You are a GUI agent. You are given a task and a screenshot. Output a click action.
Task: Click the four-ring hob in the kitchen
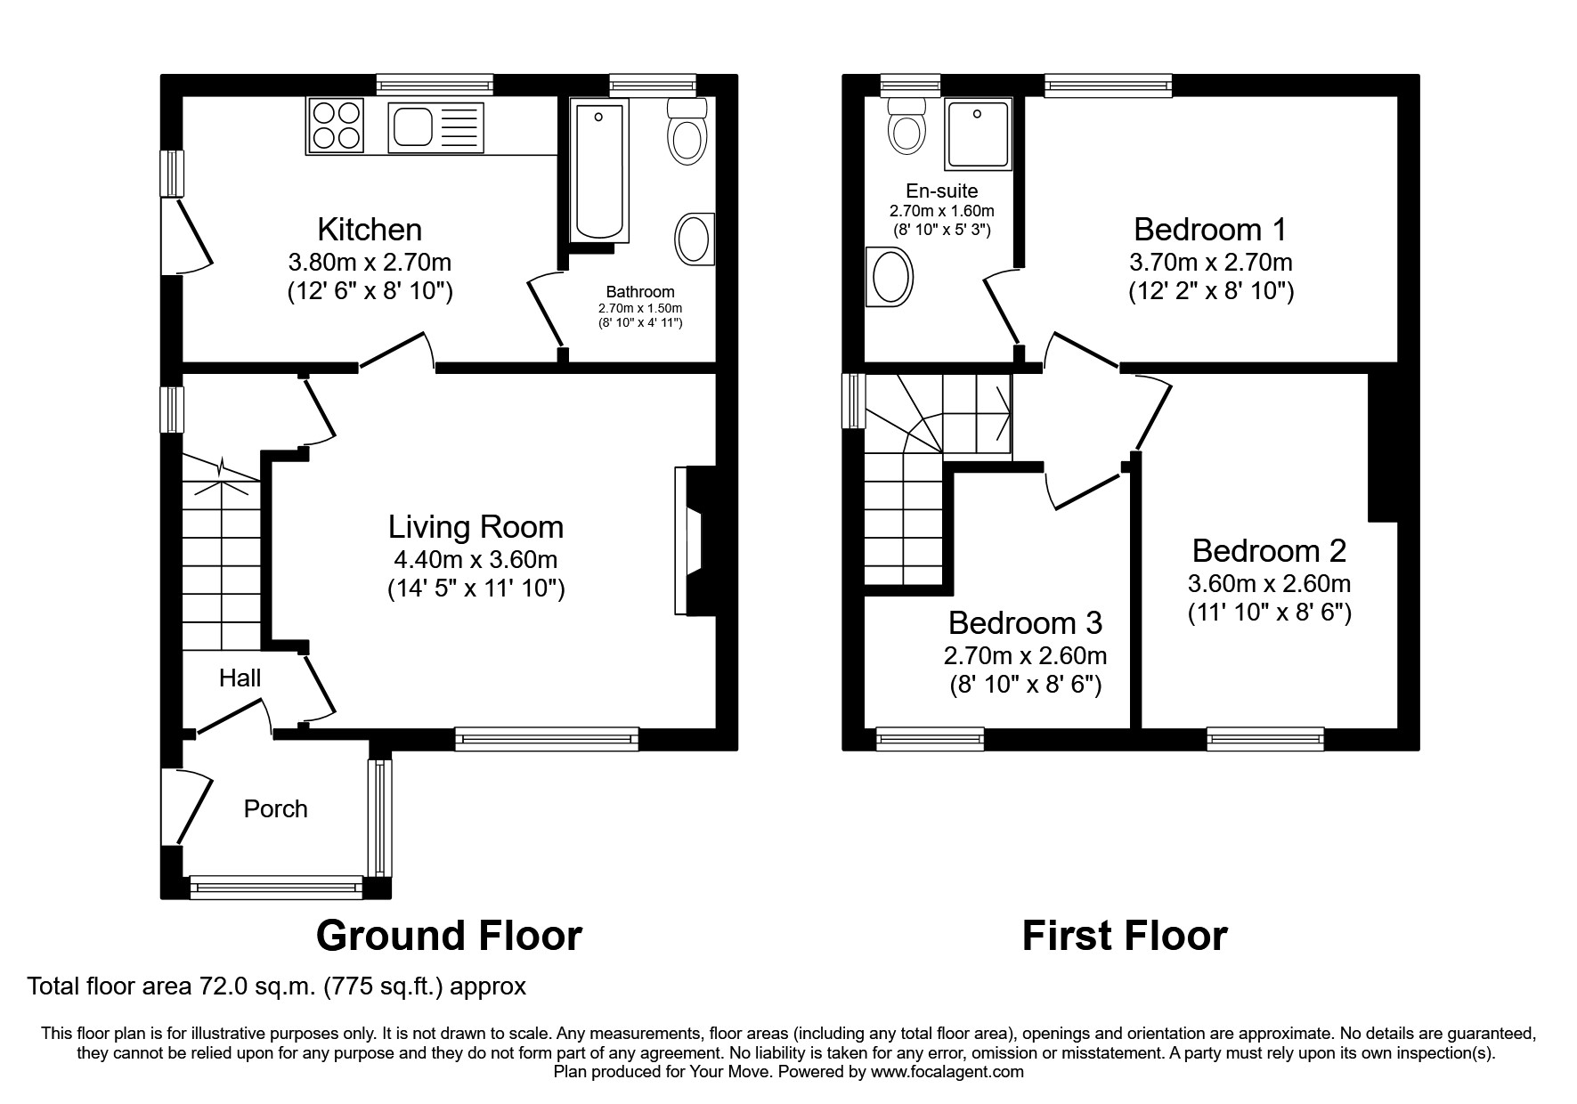pyautogui.click(x=337, y=125)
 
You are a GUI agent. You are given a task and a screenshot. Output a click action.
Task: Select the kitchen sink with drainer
pyautogui.click(x=435, y=126)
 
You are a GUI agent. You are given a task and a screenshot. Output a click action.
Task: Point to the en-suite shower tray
pyautogui.click(x=979, y=134)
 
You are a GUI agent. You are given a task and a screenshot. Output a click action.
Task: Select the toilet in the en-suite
pyautogui.click(x=907, y=125)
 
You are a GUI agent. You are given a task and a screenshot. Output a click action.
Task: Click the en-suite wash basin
pyautogui.click(x=890, y=278)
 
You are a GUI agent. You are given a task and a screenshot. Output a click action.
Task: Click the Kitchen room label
pyautogui.click(x=370, y=230)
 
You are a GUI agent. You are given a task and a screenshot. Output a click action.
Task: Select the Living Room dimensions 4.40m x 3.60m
pyautogui.click(x=476, y=560)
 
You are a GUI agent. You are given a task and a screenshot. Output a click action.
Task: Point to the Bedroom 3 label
pyautogui.click(x=1025, y=622)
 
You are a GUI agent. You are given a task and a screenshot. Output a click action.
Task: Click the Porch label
pyautogui.click(x=276, y=808)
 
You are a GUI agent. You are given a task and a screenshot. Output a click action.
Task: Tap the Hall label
pyautogui.click(x=240, y=678)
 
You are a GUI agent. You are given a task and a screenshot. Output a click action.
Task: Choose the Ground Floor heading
pyautogui.click(x=449, y=936)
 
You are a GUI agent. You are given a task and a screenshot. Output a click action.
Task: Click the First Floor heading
pyautogui.click(x=1124, y=936)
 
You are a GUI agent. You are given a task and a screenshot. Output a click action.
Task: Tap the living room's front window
pyautogui.click(x=547, y=738)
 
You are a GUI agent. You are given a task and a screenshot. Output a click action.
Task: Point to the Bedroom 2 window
pyautogui.click(x=1264, y=738)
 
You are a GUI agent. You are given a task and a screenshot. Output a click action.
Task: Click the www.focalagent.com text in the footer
pyautogui.click(x=947, y=1072)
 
